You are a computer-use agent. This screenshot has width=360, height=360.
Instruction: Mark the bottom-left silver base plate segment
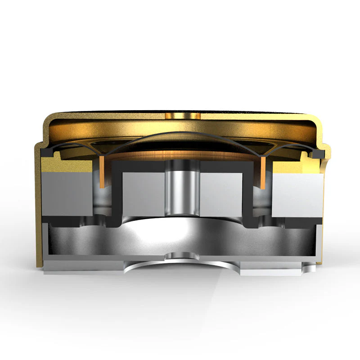[x=85, y=268]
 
